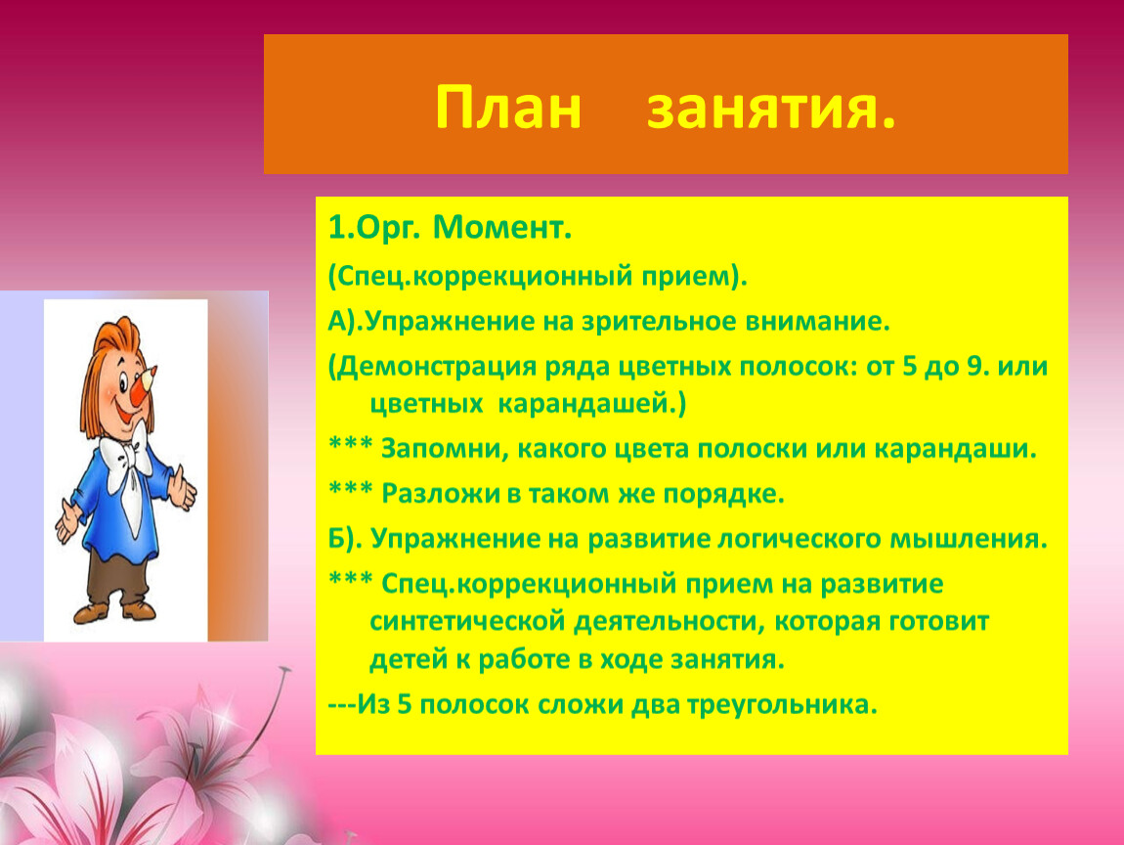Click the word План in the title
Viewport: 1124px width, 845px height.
(x=507, y=108)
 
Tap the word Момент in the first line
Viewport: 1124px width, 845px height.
(x=502, y=228)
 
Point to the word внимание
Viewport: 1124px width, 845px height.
(x=817, y=322)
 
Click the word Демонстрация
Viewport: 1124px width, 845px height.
(x=437, y=368)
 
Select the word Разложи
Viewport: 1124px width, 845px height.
(x=440, y=494)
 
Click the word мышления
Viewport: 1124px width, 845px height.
(x=969, y=540)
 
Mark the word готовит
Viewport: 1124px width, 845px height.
(x=939, y=622)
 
